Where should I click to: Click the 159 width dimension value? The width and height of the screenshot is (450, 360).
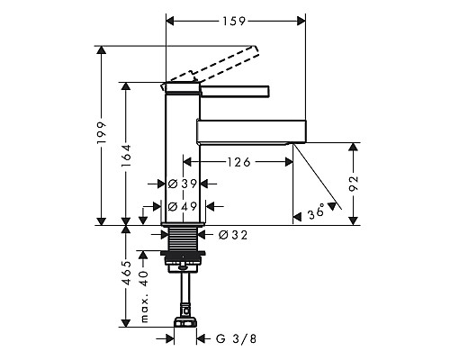click(234, 22)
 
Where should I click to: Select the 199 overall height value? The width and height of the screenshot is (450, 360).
click(102, 132)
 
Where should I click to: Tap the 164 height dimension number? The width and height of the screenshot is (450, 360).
click(126, 156)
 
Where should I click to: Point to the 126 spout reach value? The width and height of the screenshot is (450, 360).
click(238, 162)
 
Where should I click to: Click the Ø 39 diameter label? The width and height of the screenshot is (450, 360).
click(183, 184)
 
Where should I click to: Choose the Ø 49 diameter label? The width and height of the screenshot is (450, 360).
click(183, 206)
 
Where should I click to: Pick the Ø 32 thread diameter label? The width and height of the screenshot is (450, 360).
click(233, 235)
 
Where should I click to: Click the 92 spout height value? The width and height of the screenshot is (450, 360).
click(354, 183)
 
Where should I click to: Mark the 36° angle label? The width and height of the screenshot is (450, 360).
click(317, 211)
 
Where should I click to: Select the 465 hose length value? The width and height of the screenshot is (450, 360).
click(126, 273)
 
